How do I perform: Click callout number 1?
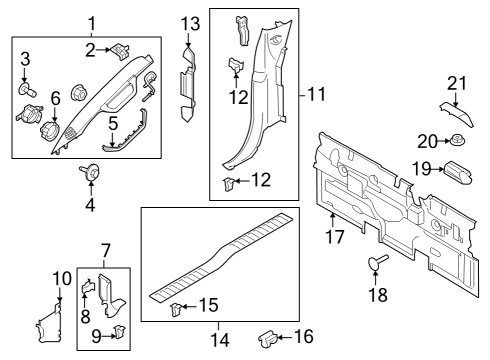[91, 22]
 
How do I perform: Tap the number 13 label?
[190, 23]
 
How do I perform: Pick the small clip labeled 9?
[119, 331]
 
